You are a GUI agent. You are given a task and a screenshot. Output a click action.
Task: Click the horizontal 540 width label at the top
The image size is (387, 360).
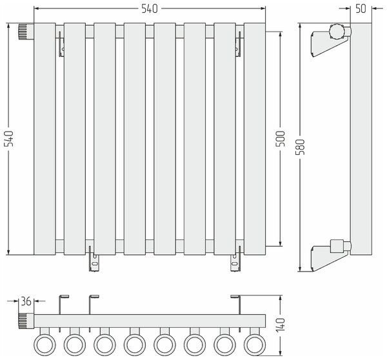point(150,8)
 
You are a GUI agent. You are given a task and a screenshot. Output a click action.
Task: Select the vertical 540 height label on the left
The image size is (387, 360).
point(8,139)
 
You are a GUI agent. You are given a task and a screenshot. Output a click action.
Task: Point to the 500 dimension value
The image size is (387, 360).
point(280,139)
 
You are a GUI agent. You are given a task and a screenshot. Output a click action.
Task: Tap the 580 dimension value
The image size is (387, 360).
point(300,147)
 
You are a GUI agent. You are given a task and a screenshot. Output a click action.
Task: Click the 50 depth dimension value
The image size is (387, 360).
point(361,8)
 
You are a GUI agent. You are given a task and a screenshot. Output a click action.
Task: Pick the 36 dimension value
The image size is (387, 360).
point(26,301)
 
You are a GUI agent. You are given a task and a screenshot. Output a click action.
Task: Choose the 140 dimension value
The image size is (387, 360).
point(280,325)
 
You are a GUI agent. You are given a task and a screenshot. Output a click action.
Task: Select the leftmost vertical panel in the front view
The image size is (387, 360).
point(45,139)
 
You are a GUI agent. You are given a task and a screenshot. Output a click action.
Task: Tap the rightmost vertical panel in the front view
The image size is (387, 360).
point(255,139)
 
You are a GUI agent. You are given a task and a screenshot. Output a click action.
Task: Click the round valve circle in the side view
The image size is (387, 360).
point(337,32)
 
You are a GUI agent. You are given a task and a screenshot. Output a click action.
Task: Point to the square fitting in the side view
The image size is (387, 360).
point(337,246)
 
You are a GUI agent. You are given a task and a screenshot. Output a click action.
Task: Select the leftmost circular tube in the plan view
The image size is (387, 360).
point(45,345)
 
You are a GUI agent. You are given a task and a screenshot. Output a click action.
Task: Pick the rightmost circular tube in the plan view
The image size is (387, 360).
point(255,345)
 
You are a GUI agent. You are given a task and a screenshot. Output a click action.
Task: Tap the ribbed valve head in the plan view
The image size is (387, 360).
point(26,321)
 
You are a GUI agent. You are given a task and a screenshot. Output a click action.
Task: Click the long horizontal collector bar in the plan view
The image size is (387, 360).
point(150,321)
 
